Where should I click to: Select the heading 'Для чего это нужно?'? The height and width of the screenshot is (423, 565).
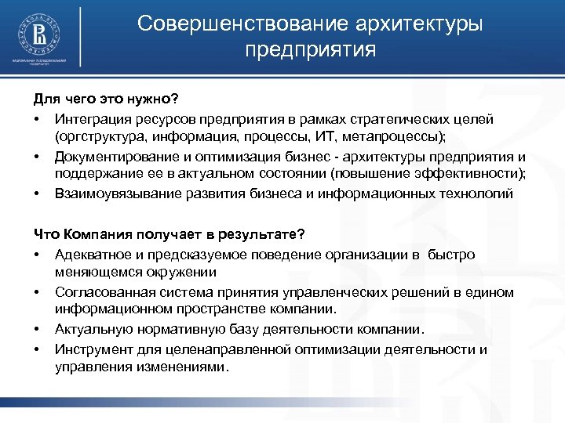point(105,99)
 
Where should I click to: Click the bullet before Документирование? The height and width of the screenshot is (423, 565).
point(37,156)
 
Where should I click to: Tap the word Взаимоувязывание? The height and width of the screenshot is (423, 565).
point(113,193)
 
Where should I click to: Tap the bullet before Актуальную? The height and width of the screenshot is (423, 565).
point(37,330)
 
